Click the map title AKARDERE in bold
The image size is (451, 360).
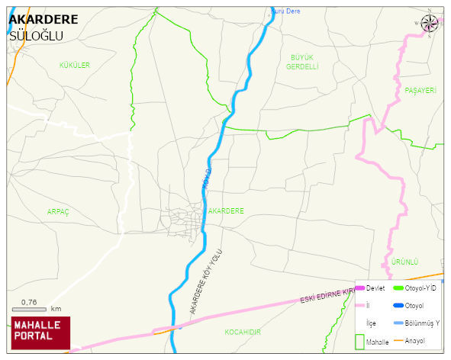[44, 20]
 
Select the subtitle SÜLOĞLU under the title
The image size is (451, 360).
[36, 36]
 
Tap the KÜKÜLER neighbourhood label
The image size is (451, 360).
[75, 66]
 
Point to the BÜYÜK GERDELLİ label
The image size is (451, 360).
[301, 62]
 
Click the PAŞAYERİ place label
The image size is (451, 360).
[420, 91]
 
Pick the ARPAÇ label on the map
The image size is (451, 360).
[58, 211]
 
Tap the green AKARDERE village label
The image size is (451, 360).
[226, 211]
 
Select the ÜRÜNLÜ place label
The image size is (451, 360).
[404, 262]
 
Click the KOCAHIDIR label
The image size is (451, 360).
[243, 333]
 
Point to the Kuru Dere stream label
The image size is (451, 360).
[286, 11]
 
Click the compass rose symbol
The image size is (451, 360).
[430, 24]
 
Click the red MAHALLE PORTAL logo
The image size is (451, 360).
[40, 333]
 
